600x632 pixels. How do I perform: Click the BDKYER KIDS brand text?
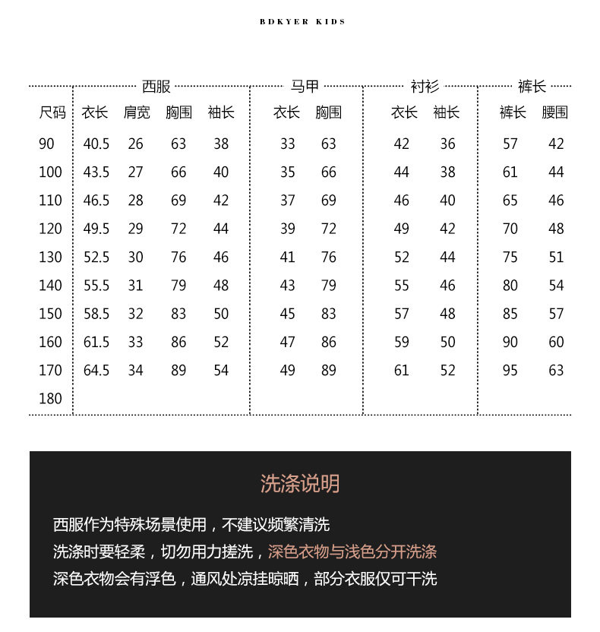pos(302,22)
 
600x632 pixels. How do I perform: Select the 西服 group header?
pos(156,87)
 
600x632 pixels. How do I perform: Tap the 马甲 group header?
pos(305,87)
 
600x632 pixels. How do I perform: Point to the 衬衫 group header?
pos(425,87)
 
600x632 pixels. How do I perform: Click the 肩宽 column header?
pos(137,112)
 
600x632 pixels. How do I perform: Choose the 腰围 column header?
pos(555,112)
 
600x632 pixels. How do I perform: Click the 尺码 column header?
pos(52,112)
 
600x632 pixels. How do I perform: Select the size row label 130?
pos(50,257)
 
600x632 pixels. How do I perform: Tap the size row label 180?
pos(50,399)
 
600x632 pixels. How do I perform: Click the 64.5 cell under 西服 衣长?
pos(96,371)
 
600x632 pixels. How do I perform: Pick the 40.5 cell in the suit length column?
pos(96,144)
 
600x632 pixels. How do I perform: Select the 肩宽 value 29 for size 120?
pos(135,229)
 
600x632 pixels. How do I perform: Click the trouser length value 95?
pos(510,371)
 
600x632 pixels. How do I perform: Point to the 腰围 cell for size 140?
pos(556,286)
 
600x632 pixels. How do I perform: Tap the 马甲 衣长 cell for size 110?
pos(287,201)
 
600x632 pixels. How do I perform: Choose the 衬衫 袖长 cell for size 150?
pos(447,314)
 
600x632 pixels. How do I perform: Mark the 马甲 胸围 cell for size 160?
pos(328,342)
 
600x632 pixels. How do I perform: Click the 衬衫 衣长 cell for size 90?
pos(402,144)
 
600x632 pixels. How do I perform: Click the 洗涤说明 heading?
pos(300,484)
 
